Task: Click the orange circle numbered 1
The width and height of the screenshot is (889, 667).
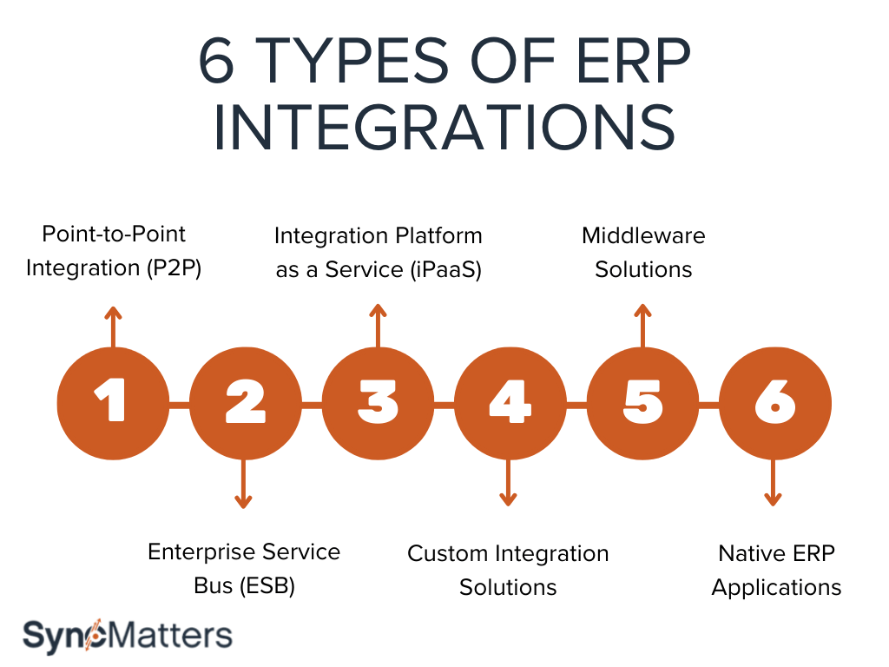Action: [112, 404]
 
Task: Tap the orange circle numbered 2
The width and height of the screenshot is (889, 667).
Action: [245, 404]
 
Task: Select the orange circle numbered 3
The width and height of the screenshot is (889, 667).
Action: [378, 404]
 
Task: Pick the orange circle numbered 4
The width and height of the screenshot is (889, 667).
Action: [510, 404]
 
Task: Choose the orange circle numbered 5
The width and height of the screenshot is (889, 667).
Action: [642, 404]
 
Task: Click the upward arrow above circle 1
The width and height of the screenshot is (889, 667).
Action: [111, 326]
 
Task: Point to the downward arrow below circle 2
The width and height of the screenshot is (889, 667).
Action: [244, 483]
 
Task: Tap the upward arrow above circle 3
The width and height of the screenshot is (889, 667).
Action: [377, 326]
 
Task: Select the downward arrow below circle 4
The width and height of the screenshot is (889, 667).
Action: [509, 483]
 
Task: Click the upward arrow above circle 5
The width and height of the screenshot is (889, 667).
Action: [642, 326]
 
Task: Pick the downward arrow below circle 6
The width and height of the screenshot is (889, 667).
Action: [774, 483]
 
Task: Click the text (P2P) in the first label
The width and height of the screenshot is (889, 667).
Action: [173, 268]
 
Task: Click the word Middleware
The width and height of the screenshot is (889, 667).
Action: [643, 235]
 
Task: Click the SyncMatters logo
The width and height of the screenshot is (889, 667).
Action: [127, 635]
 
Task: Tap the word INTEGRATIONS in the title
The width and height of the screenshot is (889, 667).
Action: [444, 129]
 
